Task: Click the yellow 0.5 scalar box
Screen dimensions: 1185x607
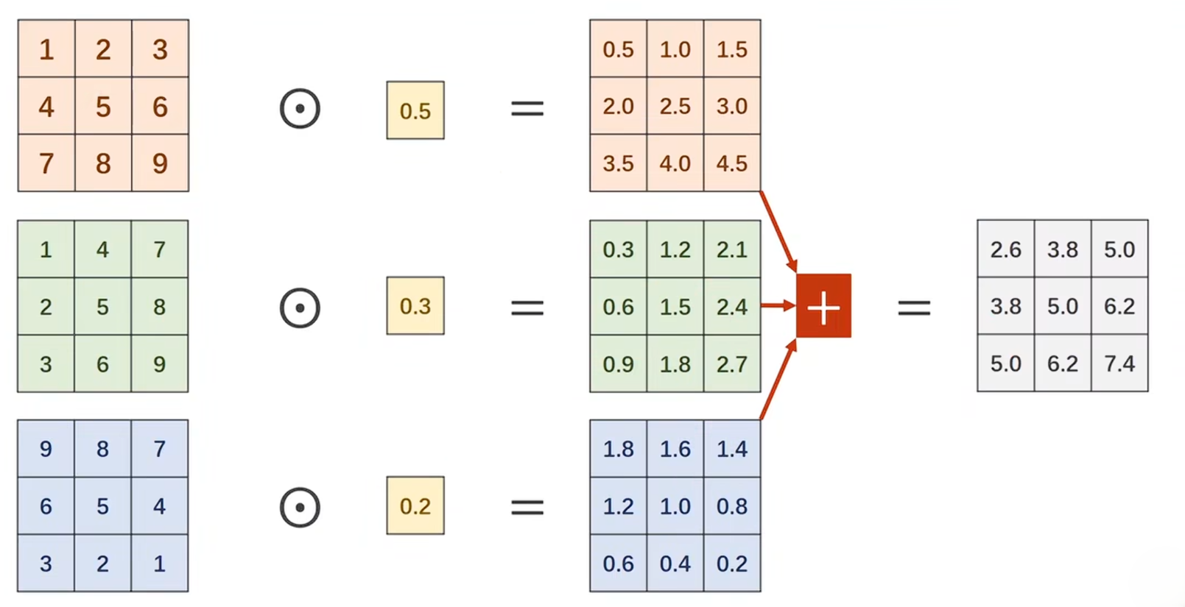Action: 415,110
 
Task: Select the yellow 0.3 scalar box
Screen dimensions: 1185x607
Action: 415,305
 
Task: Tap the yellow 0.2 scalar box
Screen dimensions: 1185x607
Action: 415,505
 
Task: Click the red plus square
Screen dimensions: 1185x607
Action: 823,306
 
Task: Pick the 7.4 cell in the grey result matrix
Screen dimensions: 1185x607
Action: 1119,363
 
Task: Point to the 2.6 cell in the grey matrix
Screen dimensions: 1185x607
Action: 1005,249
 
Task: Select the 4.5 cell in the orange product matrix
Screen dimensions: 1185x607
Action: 732,163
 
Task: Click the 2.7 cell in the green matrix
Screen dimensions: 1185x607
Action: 732,363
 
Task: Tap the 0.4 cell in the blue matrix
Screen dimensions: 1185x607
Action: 675,564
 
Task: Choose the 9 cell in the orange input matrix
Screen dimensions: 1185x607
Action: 160,163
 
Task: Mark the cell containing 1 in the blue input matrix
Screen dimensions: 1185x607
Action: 160,564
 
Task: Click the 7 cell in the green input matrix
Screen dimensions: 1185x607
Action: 160,249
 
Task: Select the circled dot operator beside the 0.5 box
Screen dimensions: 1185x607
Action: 300,109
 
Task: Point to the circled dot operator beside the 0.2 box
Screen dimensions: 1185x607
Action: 300,507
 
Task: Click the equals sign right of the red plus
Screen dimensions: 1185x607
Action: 914,307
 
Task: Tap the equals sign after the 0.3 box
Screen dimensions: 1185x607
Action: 527,307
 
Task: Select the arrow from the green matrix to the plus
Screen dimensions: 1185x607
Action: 777,305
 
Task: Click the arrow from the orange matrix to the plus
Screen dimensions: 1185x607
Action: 778,230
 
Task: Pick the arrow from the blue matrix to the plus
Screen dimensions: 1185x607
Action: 778,381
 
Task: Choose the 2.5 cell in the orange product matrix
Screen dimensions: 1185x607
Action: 675,107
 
